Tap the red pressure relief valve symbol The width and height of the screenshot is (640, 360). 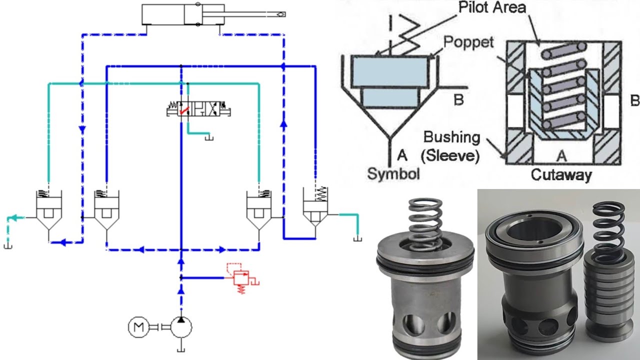click(x=241, y=277)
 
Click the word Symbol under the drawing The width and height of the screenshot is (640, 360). click(x=393, y=173)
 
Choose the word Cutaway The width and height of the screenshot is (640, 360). click(x=561, y=174)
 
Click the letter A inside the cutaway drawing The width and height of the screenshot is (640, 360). click(x=561, y=156)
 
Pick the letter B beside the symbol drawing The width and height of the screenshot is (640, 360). click(x=458, y=99)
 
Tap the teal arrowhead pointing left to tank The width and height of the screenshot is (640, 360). click(x=15, y=217)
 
